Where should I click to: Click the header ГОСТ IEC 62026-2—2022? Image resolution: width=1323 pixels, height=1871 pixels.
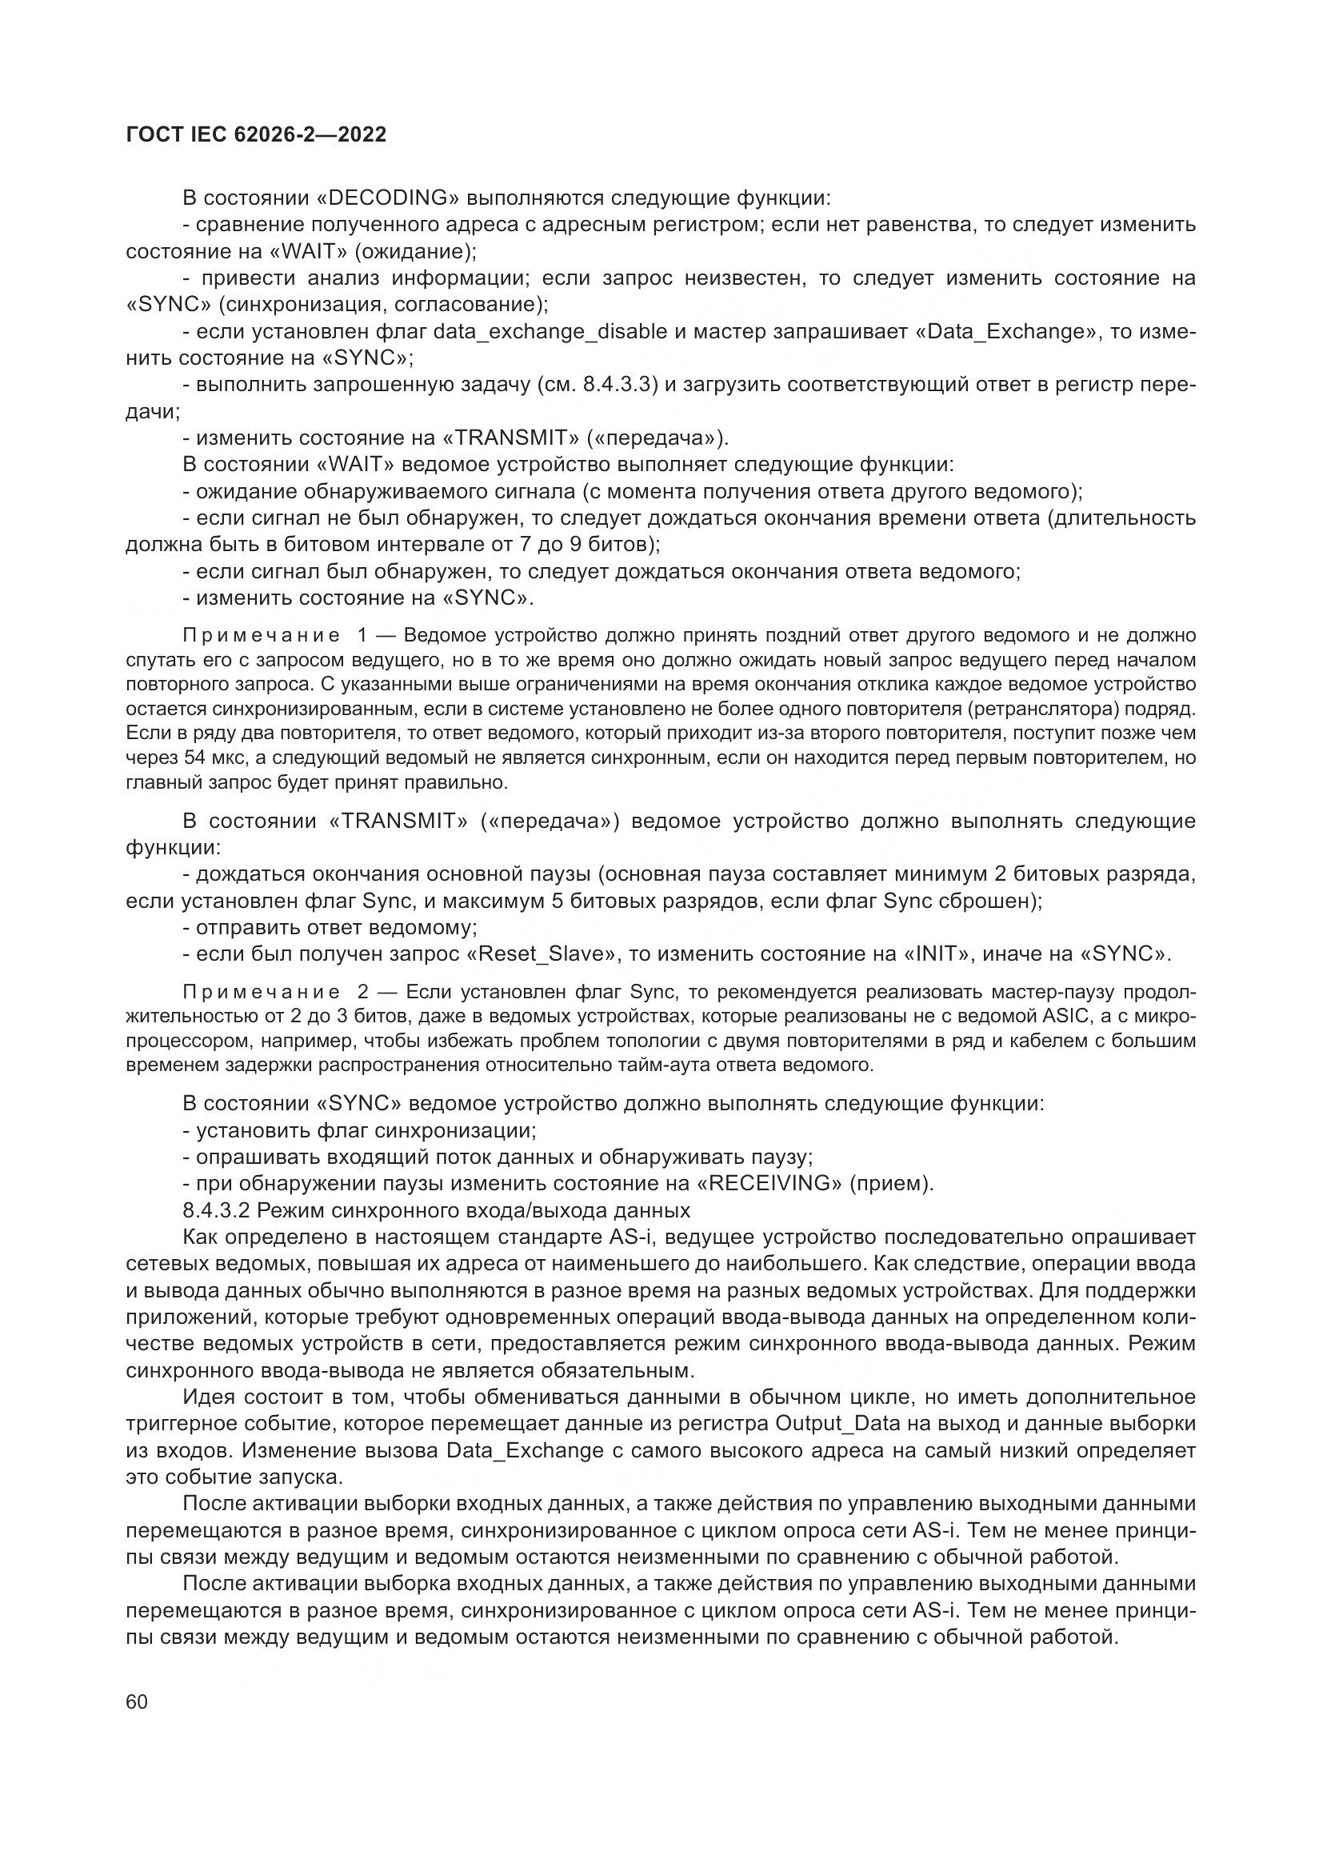click(x=256, y=135)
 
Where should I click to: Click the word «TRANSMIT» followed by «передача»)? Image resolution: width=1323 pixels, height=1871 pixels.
click(x=510, y=439)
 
